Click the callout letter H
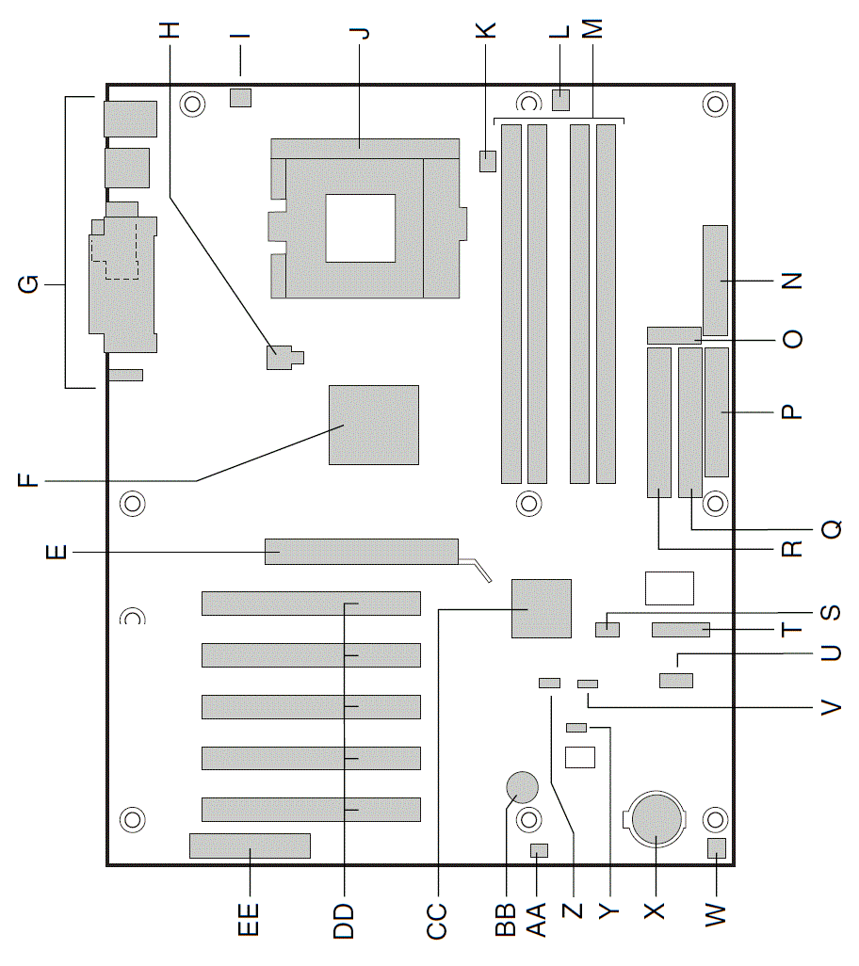[x=170, y=29]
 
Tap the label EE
[x=249, y=919]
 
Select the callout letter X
[x=654, y=910]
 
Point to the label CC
[x=437, y=921]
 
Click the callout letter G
[x=29, y=284]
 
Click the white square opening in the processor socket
[x=361, y=228]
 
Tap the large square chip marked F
[x=374, y=425]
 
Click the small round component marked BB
[x=522, y=787]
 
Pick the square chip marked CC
[x=542, y=608]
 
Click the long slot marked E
[x=362, y=552]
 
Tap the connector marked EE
[x=251, y=845]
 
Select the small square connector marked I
[x=241, y=97]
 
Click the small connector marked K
[x=487, y=161]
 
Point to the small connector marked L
[x=560, y=100]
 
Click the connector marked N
[x=715, y=279]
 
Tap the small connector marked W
[x=718, y=848]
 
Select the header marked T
[x=681, y=630]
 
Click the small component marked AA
[x=539, y=851]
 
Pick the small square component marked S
[x=608, y=630]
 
